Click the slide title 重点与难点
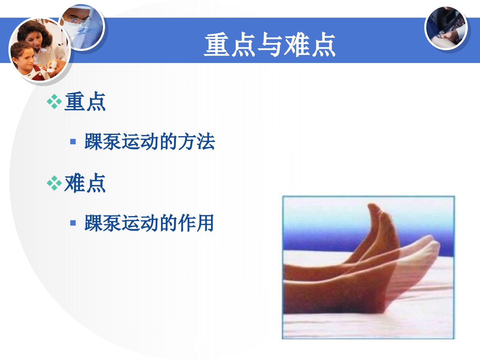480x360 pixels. (x=269, y=45)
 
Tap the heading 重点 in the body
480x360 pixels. (x=85, y=102)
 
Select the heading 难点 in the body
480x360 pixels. (x=85, y=183)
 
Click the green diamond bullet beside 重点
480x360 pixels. (x=54, y=101)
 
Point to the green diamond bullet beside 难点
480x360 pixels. (x=54, y=183)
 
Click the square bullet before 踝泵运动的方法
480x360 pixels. (x=73, y=142)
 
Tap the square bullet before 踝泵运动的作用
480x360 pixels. (x=73, y=223)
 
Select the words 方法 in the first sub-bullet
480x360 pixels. (x=196, y=142)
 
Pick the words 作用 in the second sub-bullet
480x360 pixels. (x=196, y=223)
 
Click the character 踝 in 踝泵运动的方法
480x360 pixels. (x=94, y=142)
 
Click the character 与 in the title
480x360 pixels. (x=269, y=45)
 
